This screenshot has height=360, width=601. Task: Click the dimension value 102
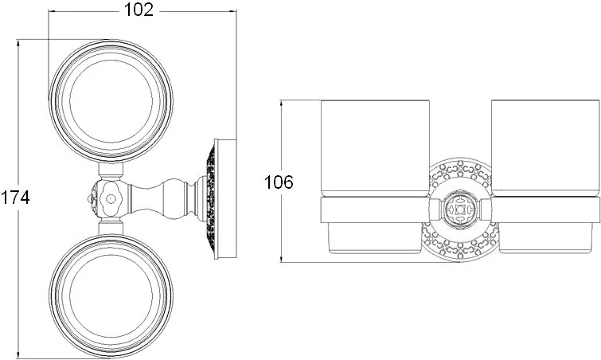(x=139, y=10)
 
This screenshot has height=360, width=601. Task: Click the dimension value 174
(x=15, y=198)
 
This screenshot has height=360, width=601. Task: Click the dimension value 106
(x=279, y=182)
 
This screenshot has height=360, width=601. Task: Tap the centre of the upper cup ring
(x=111, y=101)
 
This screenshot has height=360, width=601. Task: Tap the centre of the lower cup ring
(x=111, y=296)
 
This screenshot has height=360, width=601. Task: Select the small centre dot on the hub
(x=111, y=198)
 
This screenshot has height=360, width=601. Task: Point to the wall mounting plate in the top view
(x=225, y=198)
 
